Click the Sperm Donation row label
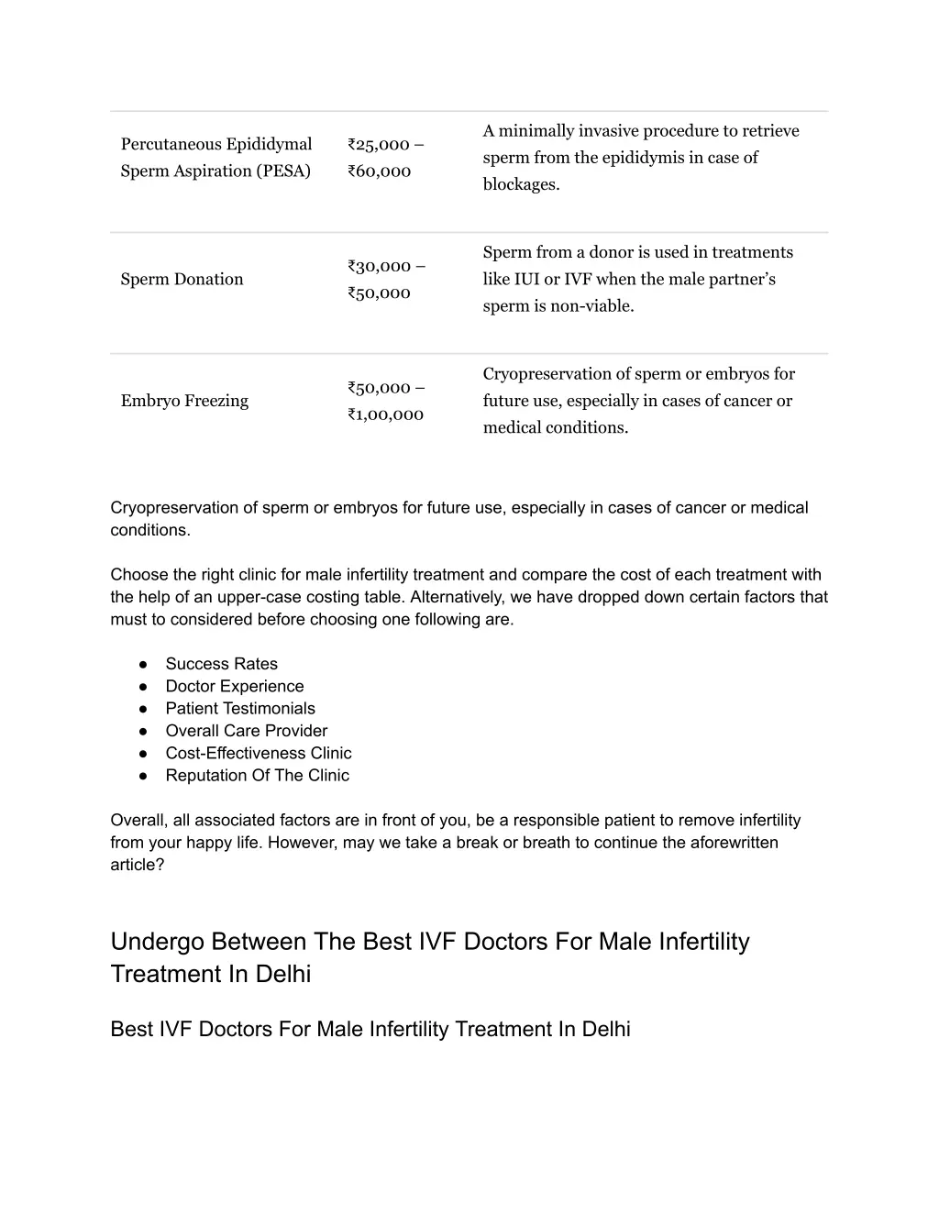pyautogui.click(x=182, y=280)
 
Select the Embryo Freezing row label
pyautogui.click(x=184, y=401)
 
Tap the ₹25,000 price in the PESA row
pyautogui.click(x=379, y=144)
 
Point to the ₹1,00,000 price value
pyautogui.click(x=385, y=414)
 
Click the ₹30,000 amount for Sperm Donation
pyautogui.click(x=379, y=266)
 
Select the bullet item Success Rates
pyautogui.click(x=221, y=664)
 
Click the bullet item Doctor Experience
pyautogui.click(x=234, y=686)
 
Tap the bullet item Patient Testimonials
pyautogui.click(x=239, y=709)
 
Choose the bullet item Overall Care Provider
pyautogui.click(x=246, y=731)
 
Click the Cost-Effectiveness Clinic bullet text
pyautogui.click(x=258, y=753)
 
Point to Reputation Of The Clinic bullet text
pyautogui.click(x=257, y=776)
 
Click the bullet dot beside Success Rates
pyautogui.click(x=144, y=664)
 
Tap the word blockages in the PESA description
pyautogui.click(x=519, y=184)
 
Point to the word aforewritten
pyautogui.click(x=733, y=843)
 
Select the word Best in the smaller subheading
pyautogui.click(x=131, y=1029)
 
